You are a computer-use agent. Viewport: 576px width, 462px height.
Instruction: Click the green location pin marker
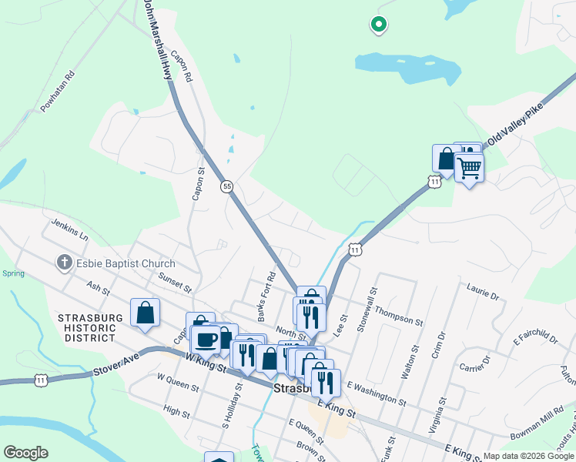click(378, 25)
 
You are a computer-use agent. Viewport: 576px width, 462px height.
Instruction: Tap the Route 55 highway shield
click(226, 186)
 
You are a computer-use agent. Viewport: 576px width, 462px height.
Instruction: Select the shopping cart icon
click(469, 167)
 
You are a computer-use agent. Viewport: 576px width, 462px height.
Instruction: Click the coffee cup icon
click(206, 340)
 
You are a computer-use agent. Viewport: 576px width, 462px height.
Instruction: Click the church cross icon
click(64, 263)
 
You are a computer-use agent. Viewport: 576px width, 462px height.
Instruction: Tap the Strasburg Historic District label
click(86, 328)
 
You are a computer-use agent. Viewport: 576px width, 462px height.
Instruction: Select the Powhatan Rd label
click(57, 92)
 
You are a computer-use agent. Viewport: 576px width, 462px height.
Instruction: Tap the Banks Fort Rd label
click(266, 296)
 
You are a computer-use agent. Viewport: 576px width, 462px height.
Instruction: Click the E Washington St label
click(376, 392)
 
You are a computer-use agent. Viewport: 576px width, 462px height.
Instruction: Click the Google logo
click(25, 453)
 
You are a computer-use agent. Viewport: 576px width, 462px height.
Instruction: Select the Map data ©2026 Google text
click(527, 456)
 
